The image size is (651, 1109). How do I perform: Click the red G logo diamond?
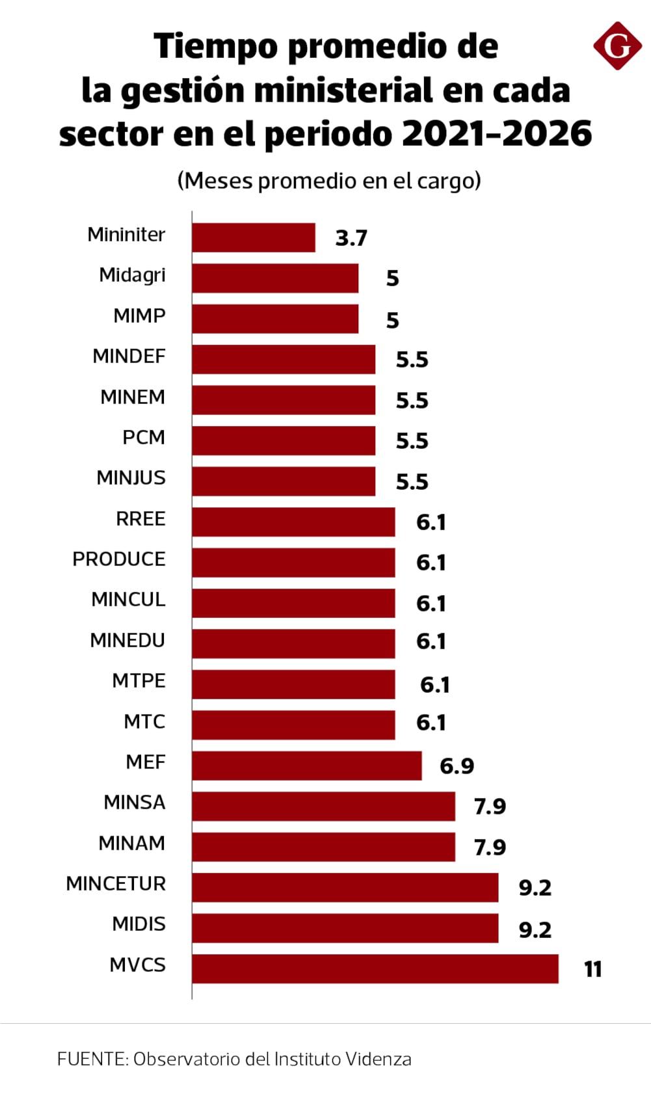pos(617,46)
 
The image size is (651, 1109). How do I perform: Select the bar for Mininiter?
pos(254,237)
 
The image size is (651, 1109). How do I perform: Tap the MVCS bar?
pos(375,969)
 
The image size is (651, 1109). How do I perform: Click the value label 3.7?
pos(351,238)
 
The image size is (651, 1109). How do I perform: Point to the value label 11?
pos(592,969)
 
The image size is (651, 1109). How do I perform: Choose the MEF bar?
pos(306,766)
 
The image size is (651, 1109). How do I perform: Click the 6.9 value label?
pos(457,766)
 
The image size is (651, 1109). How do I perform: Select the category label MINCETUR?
pos(116,883)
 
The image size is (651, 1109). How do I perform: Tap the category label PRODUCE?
pos(119,559)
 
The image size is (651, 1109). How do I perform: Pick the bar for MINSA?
pos(323,806)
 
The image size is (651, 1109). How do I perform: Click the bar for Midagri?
pos(275,278)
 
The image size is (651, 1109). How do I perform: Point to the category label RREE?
pos(140,518)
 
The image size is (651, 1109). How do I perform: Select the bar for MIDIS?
pos(345,928)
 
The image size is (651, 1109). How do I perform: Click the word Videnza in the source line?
pos(378,1059)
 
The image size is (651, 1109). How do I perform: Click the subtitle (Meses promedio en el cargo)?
pos(329,180)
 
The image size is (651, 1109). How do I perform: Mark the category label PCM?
pos(144,437)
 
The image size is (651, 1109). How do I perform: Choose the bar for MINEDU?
pos(293,643)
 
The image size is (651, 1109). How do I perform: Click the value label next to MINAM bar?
pos(490,847)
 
